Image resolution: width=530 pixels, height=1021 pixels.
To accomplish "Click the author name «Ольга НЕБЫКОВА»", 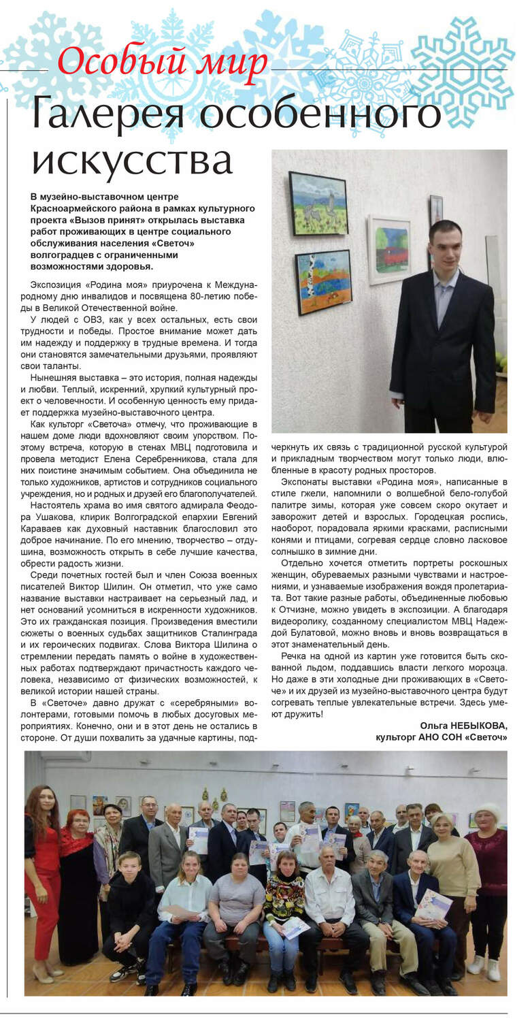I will (463, 726).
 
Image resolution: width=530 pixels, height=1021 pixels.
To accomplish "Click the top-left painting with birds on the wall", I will (318, 203).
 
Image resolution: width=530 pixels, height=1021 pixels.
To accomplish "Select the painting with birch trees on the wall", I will (322, 282).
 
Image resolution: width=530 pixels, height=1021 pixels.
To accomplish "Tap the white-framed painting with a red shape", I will (389, 249).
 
